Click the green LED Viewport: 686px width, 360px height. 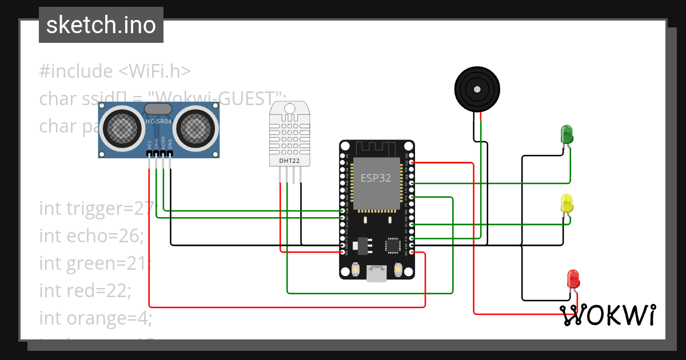567,134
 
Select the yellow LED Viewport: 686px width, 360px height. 567,204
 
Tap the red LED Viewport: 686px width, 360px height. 573,279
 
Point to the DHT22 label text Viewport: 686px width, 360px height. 289,161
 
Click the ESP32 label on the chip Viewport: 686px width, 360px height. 376,178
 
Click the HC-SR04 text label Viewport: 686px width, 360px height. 158,122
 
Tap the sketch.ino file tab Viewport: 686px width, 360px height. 101,25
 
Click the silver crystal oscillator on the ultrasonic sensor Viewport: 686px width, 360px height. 158,109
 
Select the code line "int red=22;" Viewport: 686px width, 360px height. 85,290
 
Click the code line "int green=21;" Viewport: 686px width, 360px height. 95,263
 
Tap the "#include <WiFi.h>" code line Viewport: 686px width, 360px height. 114,71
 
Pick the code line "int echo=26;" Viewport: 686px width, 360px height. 91,235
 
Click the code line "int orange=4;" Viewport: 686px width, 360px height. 95,318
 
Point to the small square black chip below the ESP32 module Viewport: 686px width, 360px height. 393,246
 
